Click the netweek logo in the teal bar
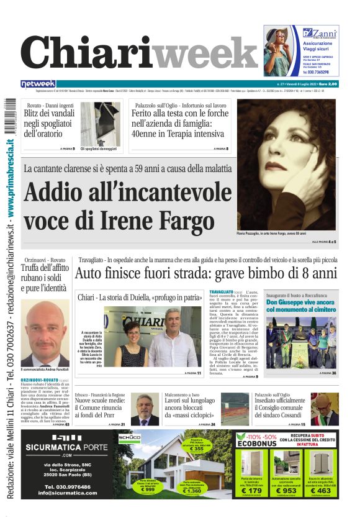(38, 84)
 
